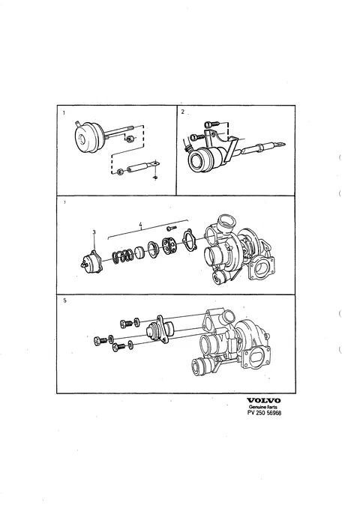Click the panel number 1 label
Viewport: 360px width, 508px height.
[x=64, y=112]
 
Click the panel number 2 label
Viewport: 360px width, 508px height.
[x=182, y=112]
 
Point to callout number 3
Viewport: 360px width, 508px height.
[x=94, y=232]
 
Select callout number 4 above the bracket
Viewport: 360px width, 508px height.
[x=140, y=224]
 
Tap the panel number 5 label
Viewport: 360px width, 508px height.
[x=64, y=300]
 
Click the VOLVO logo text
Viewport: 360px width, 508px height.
[x=264, y=400]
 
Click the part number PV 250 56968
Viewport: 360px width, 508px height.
[x=264, y=413]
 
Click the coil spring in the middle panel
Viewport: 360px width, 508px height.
[x=122, y=256]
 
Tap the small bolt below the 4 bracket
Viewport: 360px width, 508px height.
[x=172, y=229]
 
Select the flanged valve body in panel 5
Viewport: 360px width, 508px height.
[x=160, y=330]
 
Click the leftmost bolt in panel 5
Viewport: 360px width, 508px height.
[x=100, y=341]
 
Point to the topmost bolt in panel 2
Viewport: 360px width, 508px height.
[x=211, y=124]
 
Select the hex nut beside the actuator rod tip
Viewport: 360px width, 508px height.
[x=129, y=139]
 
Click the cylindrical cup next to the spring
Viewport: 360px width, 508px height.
[x=139, y=253]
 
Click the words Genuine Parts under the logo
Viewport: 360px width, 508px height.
[x=263, y=407]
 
